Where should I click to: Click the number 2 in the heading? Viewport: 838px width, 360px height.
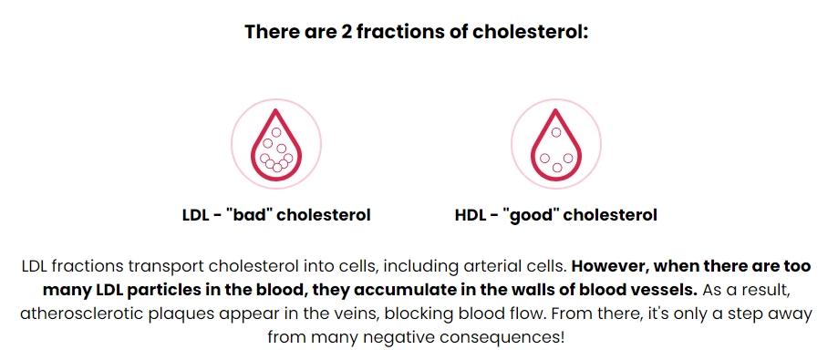(x=346, y=32)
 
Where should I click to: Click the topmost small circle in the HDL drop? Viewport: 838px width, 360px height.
(x=556, y=132)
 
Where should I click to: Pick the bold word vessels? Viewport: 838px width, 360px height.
(x=668, y=291)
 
